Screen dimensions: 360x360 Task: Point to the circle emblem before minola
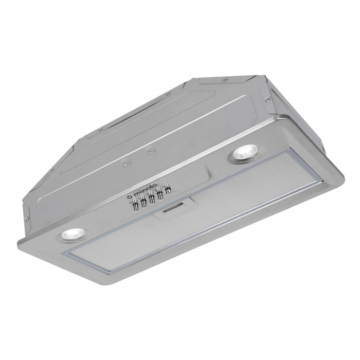[129, 196]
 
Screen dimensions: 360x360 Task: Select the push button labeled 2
[152, 199]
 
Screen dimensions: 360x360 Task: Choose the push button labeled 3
[160, 195]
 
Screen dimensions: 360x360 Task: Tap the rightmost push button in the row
[168, 191]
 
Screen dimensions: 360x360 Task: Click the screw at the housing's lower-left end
[27, 218]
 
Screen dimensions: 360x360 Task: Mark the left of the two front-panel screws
[124, 164]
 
